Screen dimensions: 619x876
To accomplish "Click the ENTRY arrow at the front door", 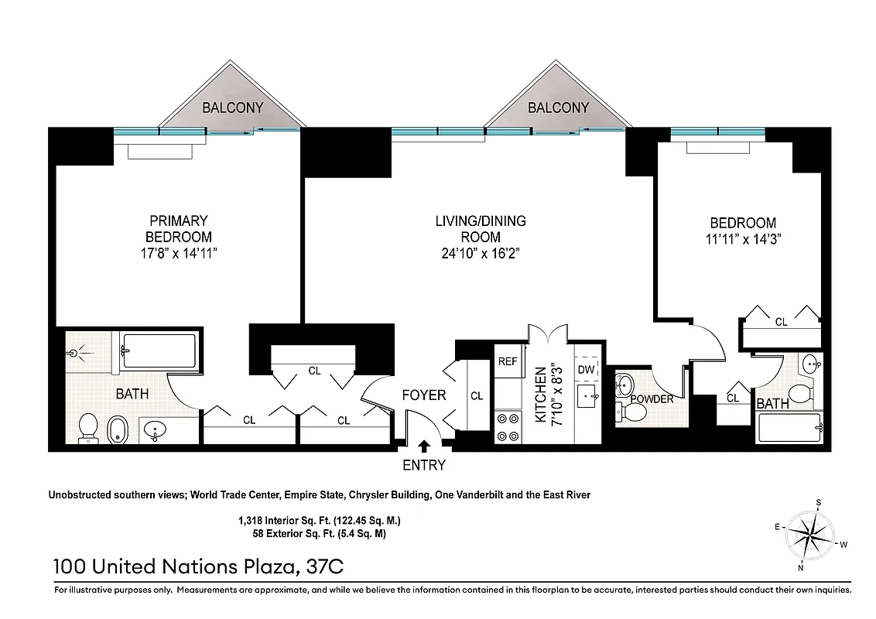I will click(424, 446).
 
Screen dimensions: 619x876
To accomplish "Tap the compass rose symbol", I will click(811, 535).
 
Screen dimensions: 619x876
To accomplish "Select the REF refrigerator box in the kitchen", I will click(508, 361).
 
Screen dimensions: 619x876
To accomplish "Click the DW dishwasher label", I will click(586, 370).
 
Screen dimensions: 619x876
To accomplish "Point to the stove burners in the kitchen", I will click(508, 427).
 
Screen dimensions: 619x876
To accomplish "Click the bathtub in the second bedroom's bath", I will click(789, 427).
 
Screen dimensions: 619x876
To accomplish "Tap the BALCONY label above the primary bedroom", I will click(232, 108).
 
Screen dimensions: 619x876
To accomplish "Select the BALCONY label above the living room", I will click(558, 108).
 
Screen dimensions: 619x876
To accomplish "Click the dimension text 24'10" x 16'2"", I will click(480, 254).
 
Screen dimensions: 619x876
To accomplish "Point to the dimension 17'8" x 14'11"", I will click(178, 253).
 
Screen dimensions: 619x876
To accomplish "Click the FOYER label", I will click(423, 395).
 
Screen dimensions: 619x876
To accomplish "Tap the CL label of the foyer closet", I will click(477, 396).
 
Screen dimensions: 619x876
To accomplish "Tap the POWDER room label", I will click(652, 399).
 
